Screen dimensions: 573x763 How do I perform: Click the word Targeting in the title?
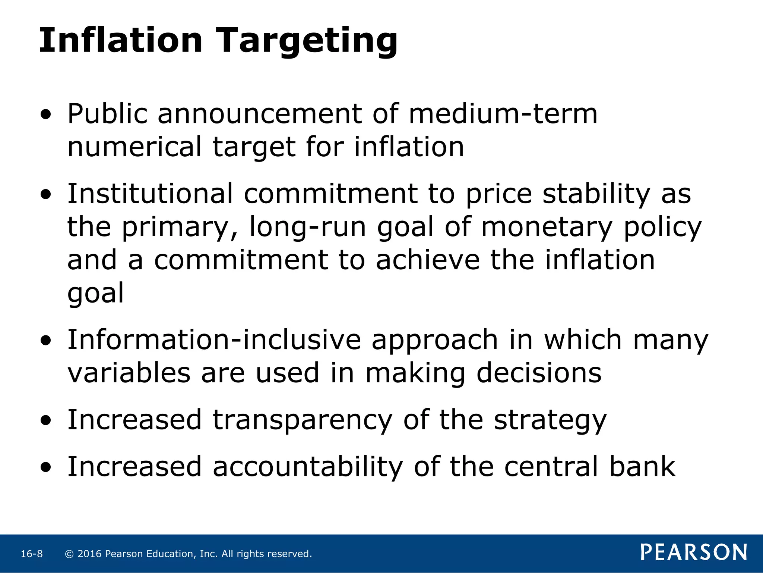[x=307, y=41]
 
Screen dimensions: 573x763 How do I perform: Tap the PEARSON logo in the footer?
[x=694, y=552]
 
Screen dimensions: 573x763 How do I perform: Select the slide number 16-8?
[x=32, y=554]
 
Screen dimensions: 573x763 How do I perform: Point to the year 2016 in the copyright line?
[x=89, y=554]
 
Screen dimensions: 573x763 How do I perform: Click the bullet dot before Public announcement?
[x=46, y=115]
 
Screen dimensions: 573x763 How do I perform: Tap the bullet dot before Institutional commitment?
[x=46, y=195]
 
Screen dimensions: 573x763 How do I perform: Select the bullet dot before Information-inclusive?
[x=46, y=341]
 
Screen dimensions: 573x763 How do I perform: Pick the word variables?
[x=129, y=373]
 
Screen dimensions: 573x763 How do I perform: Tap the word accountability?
[x=308, y=467]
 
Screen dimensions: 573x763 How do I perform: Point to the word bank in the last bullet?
[x=642, y=467]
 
